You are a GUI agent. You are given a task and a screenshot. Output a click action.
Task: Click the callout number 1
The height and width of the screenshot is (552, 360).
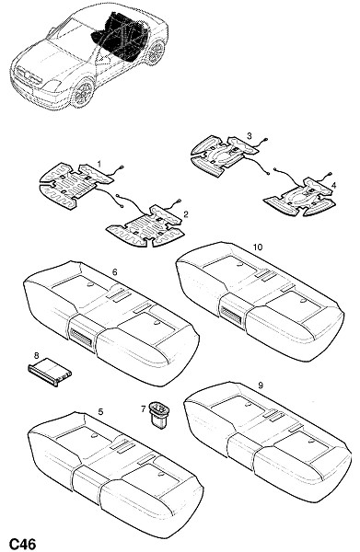pyautogui.click(x=99, y=164)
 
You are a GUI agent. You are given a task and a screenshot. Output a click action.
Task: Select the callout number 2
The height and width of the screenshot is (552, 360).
pyautogui.click(x=186, y=213)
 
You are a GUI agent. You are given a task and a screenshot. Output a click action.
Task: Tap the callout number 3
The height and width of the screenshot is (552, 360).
pyautogui.click(x=250, y=135)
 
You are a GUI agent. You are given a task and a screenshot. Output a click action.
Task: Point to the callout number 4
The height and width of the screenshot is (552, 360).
pyautogui.click(x=333, y=185)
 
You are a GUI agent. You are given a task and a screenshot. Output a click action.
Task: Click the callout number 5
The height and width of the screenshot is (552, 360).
pyautogui.click(x=100, y=411)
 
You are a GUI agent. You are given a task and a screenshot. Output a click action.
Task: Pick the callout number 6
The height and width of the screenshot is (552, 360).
pyautogui.click(x=114, y=272)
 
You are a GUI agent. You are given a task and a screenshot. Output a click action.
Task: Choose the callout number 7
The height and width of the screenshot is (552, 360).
pyautogui.click(x=143, y=408)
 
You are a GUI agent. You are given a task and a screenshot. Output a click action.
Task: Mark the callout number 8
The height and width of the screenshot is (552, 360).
pyautogui.click(x=36, y=354)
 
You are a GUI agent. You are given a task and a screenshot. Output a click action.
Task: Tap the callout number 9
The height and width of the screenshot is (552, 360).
pyautogui.click(x=261, y=385)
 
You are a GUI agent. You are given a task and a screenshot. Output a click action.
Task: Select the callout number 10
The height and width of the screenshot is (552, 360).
pyautogui.click(x=258, y=247)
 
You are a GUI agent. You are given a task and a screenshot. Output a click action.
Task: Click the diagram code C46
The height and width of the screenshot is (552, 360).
pyautogui.click(x=22, y=544)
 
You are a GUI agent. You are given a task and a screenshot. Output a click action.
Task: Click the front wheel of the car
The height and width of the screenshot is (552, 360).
pyautogui.click(x=83, y=94)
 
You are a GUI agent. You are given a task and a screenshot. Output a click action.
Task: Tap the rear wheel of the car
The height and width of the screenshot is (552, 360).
pyautogui.click(x=156, y=53)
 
